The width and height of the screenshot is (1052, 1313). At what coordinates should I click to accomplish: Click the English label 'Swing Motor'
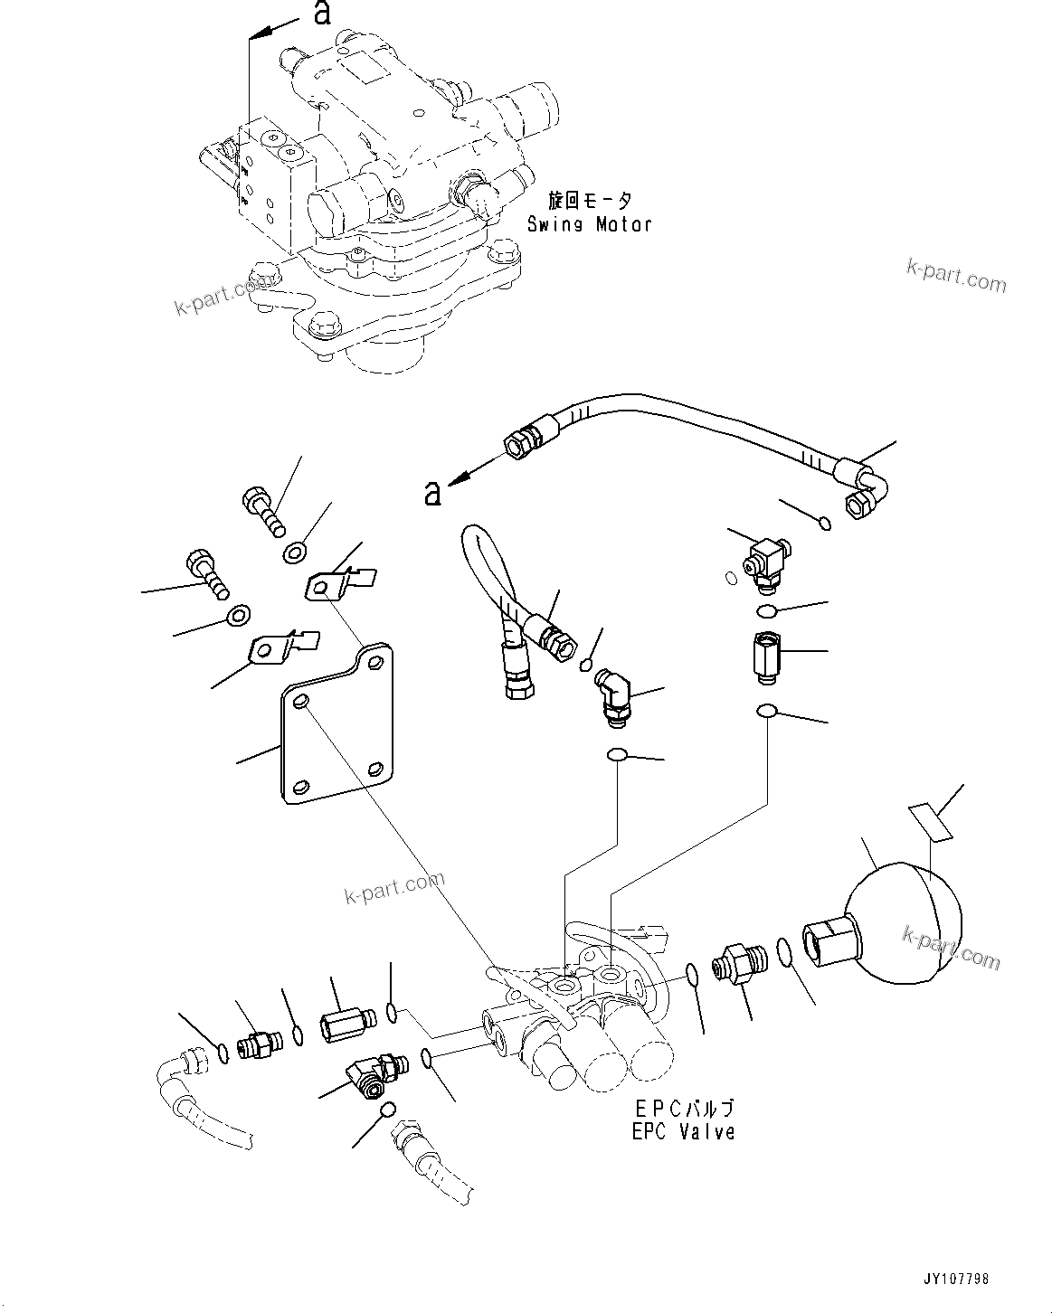589,224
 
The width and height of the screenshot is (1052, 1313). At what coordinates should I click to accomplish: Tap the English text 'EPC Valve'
683,1131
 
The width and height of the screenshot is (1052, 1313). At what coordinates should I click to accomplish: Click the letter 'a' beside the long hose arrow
433,493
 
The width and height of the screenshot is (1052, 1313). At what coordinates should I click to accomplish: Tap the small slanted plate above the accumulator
930,822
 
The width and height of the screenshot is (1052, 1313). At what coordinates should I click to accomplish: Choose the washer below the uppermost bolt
294,552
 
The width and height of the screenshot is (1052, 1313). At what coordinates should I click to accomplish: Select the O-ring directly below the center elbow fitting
617,753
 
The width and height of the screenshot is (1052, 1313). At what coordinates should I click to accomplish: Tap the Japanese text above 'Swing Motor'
589,200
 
